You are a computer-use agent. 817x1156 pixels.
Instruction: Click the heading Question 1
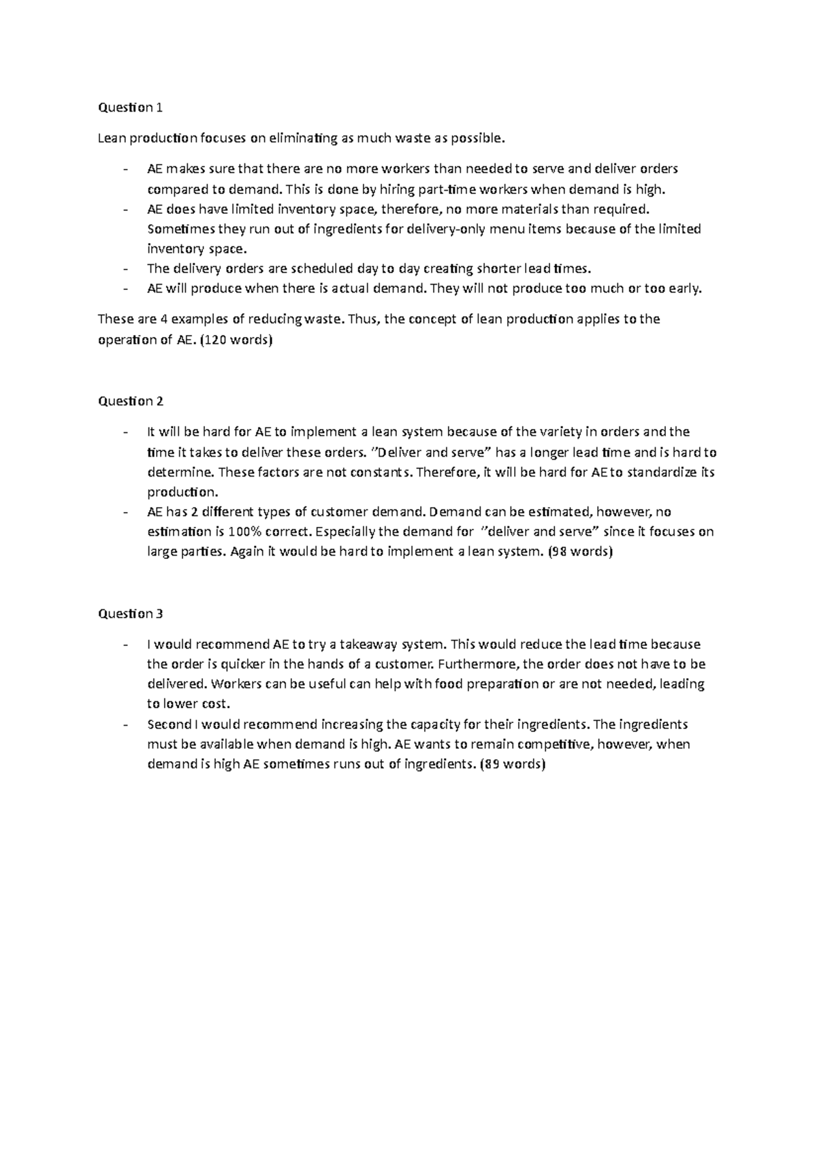(x=131, y=108)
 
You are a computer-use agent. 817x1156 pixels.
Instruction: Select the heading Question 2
(x=131, y=401)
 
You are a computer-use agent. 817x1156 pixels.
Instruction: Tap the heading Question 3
(x=131, y=613)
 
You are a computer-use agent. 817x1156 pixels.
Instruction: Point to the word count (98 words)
(x=580, y=551)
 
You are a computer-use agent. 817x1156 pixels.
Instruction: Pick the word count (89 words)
(x=513, y=764)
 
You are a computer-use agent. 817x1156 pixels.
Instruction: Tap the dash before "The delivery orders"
(x=125, y=268)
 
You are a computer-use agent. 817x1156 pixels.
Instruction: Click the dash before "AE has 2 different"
(x=125, y=512)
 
